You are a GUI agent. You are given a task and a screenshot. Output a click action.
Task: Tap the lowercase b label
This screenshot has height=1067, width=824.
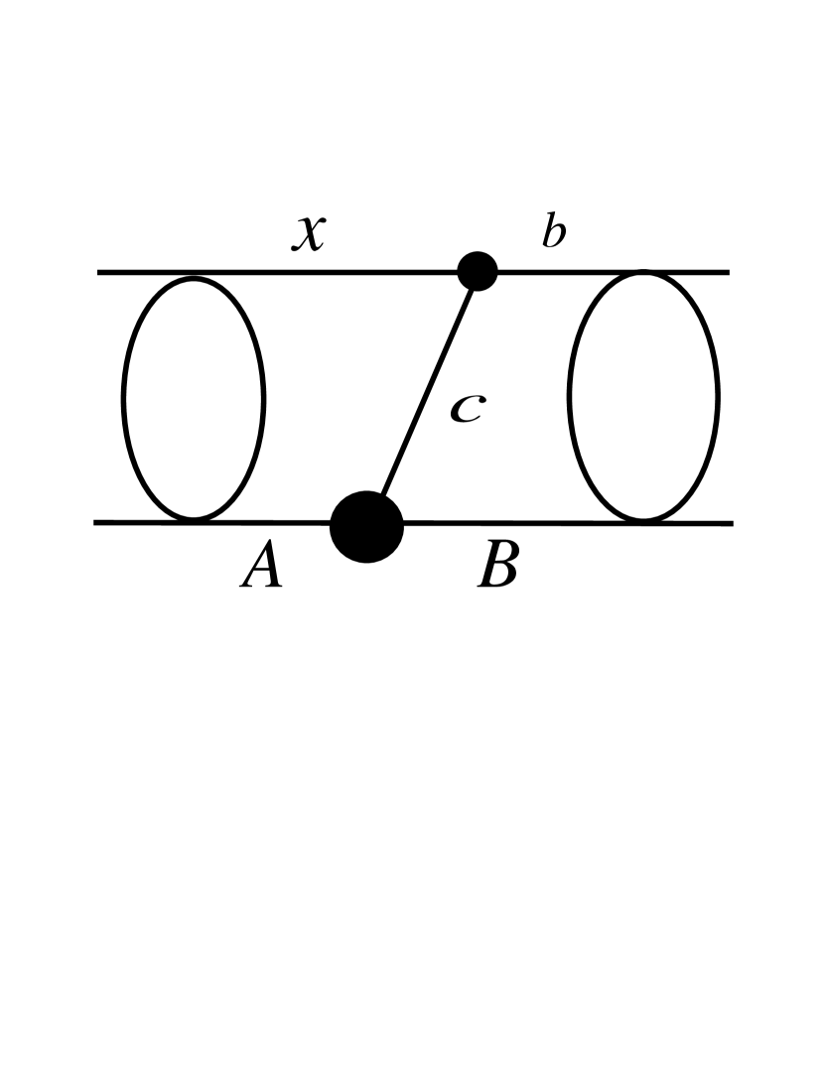(x=554, y=232)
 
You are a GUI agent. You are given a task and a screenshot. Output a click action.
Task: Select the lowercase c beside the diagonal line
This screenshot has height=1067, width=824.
(x=467, y=408)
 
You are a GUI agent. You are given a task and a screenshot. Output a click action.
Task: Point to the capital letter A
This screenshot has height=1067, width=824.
(x=262, y=570)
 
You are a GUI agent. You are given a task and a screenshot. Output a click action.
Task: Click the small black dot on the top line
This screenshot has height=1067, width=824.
(x=478, y=271)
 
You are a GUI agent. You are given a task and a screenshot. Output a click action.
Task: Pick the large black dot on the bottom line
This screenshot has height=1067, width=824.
(x=366, y=526)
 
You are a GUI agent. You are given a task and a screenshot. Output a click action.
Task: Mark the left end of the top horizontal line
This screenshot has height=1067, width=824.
(x=99, y=272)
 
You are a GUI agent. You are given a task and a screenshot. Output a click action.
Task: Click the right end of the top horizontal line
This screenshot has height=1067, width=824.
(x=728, y=272)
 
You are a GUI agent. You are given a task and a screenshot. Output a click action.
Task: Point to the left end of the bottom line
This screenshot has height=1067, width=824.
(x=96, y=522)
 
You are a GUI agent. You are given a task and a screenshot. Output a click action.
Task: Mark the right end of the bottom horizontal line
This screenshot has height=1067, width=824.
(x=731, y=523)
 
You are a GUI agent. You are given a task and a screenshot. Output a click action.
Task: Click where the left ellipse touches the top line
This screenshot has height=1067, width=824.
(x=194, y=275)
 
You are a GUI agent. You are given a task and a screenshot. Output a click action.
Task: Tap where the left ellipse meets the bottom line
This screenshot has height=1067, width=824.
(x=194, y=520)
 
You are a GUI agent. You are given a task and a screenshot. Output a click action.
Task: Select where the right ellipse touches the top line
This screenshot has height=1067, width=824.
(x=643, y=272)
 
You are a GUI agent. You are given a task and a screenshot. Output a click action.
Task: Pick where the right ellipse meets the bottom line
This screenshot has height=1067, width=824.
(x=643, y=521)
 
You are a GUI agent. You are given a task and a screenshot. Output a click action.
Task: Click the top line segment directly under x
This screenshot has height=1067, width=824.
(x=309, y=272)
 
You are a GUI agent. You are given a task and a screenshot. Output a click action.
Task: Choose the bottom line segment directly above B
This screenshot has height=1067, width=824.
(x=497, y=523)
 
